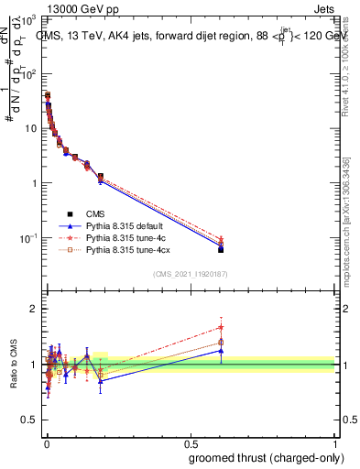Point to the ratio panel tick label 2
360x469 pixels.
coord(33,309)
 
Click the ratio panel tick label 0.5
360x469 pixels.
coord(29,422)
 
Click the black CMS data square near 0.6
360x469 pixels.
coord(221,249)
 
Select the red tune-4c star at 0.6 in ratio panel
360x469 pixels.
coord(221,327)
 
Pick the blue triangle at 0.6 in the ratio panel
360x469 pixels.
coord(221,350)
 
